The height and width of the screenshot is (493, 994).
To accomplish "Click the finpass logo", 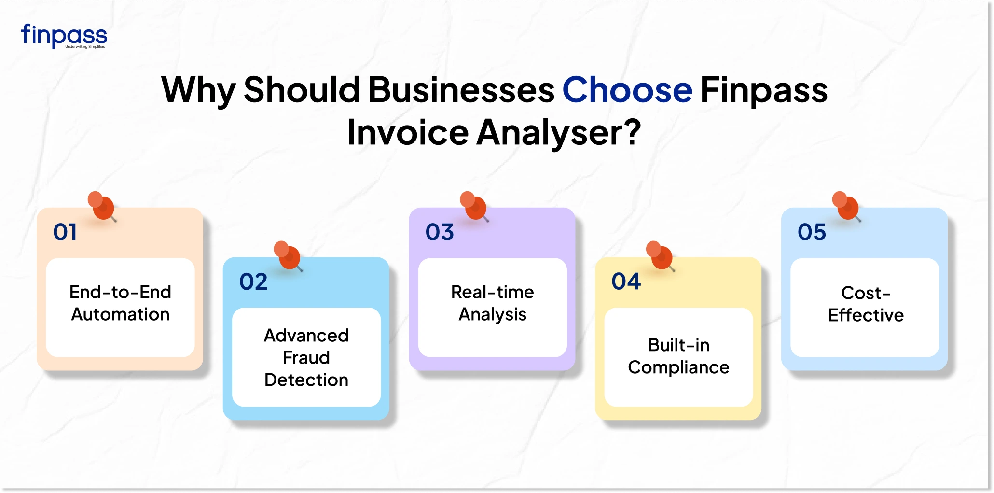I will tap(64, 36).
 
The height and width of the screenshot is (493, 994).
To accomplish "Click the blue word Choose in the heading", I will tap(627, 90).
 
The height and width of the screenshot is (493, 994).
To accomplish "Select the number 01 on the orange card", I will tap(65, 232).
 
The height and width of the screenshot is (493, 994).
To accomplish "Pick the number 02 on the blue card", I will tap(253, 282).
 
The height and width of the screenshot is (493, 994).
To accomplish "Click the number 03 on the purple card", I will tap(440, 232).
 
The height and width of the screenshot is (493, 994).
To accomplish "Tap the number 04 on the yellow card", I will tap(626, 282).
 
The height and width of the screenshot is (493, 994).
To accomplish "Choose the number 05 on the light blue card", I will tap(812, 232).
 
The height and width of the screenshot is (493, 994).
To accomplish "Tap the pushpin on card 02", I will tap(289, 255).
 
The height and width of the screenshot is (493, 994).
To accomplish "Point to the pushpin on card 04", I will tap(661, 255).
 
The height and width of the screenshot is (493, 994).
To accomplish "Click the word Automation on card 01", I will tap(121, 314).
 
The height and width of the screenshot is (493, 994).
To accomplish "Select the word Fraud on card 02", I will tap(306, 358).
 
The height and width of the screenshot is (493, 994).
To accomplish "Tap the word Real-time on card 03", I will tap(492, 292).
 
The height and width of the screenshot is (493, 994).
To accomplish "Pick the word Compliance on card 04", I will tap(678, 367).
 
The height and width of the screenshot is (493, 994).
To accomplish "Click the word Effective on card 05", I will tap(866, 315).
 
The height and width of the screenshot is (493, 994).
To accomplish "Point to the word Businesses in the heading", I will tap(461, 90).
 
